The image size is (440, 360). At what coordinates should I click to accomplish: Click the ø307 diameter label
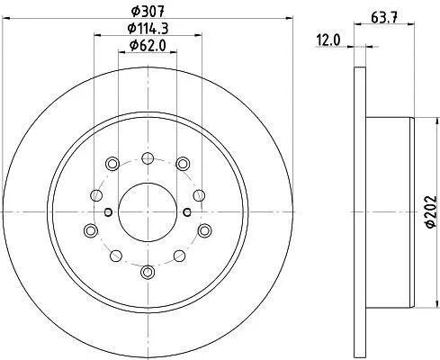148,12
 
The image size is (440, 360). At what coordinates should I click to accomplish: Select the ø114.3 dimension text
148,29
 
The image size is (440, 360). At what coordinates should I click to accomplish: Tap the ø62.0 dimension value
148,46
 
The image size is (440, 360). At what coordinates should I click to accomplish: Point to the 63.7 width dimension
384,18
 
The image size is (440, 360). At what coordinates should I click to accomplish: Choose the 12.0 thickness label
328,40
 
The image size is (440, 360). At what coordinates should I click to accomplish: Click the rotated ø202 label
432,211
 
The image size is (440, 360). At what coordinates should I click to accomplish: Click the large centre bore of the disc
148,212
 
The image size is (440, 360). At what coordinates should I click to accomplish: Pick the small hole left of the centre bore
108,212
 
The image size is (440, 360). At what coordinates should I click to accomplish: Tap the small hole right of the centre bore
187,212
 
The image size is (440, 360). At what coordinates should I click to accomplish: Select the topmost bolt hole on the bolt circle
148,158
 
